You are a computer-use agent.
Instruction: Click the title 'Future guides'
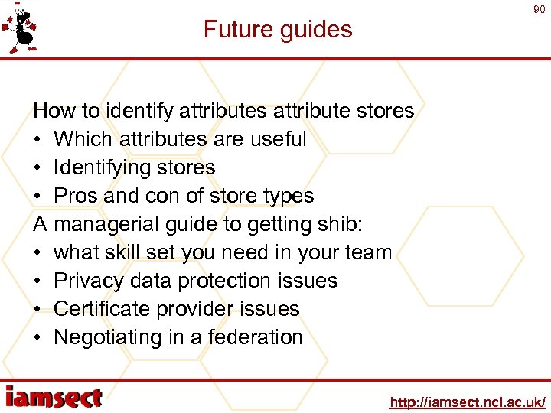(x=278, y=30)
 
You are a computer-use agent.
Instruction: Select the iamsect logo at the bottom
(x=54, y=397)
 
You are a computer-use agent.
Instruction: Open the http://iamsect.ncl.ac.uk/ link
(x=467, y=402)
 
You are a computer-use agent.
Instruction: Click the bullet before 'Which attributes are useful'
(x=37, y=139)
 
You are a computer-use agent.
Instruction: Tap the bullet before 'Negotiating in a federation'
(x=37, y=337)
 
